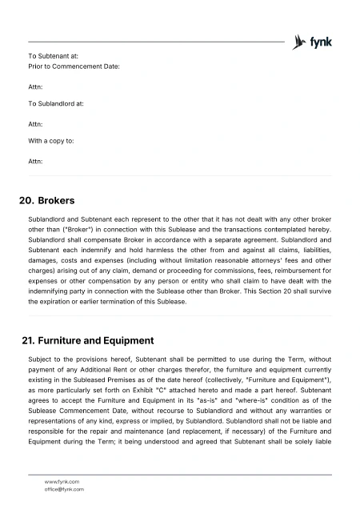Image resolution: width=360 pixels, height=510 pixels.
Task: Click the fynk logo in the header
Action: (313, 42)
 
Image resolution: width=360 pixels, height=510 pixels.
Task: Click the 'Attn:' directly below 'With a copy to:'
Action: (35, 161)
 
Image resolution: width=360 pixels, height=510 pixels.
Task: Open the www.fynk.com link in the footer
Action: (62, 481)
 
